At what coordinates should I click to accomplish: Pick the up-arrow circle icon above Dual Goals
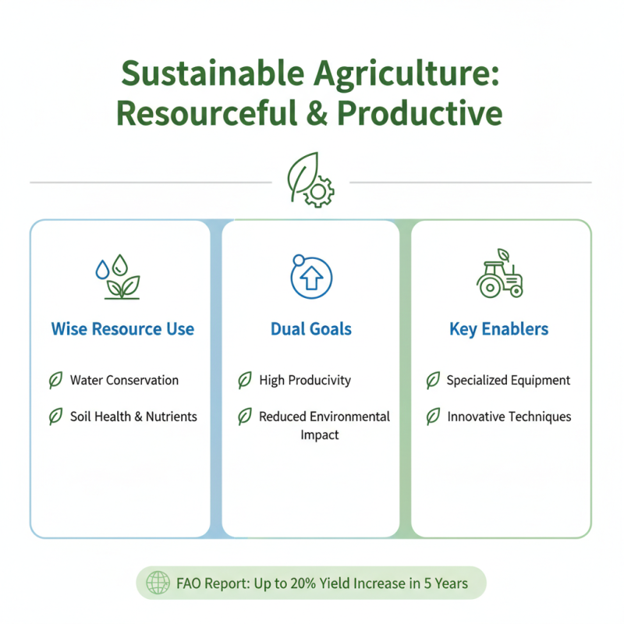coord(311,276)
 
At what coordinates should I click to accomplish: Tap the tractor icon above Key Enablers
coord(499,275)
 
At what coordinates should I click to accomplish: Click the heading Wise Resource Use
coord(122,329)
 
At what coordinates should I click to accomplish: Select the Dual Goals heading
coord(311,329)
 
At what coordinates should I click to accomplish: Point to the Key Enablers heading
coord(499,329)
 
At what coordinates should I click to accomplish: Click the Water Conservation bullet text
coord(124,381)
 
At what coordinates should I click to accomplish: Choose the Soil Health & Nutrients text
coord(133,417)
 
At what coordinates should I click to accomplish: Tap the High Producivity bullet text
coord(305,381)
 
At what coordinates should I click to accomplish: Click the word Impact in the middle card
coord(320,434)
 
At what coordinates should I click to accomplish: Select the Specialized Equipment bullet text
coord(509,381)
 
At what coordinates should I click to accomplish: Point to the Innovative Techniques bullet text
coord(509,417)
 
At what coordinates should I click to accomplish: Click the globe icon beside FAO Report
coord(158,583)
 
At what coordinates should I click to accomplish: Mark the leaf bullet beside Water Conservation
coord(55,381)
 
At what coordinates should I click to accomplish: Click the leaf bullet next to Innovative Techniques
coord(433,417)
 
